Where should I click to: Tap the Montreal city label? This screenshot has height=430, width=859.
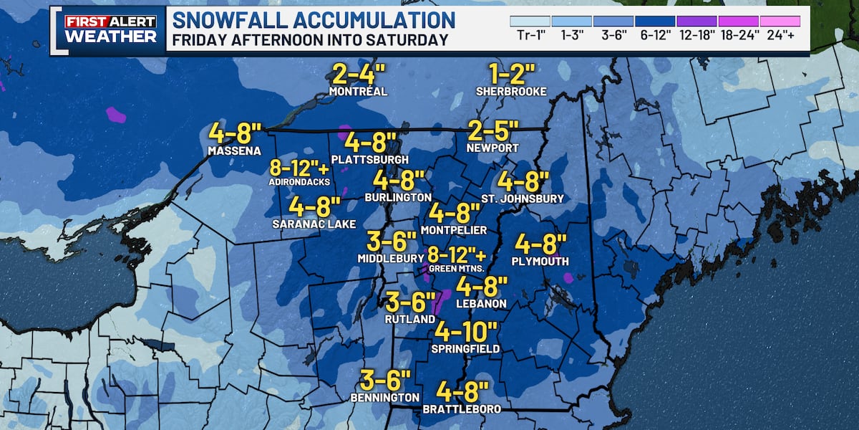tap(358, 92)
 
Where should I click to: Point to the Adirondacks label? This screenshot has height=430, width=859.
tap(299, 182)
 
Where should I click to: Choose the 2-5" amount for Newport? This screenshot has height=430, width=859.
tap(492, 131)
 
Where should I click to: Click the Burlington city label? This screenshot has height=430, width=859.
tap(398, 197)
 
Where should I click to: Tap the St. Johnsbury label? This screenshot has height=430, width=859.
tap(523, 199)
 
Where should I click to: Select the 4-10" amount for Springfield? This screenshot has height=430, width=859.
tap(466, 332)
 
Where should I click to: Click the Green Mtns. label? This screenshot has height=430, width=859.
tap(457, 269)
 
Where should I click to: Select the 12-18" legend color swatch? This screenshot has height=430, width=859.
tap(696, 21)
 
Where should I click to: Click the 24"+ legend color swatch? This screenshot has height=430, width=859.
tap(780, 21)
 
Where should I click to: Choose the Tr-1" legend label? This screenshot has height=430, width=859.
tap(530, 37)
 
